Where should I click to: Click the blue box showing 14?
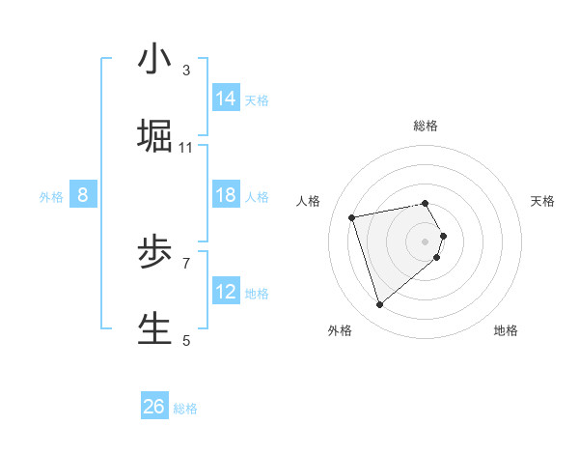226,99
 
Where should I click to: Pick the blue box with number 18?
226,195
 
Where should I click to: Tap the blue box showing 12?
226,292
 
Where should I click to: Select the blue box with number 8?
83,195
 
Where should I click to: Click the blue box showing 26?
154,407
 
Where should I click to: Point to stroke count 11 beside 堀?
186,148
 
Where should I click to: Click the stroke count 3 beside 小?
186,71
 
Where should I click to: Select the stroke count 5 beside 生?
186,340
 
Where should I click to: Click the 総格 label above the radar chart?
426,126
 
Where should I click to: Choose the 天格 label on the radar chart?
542,201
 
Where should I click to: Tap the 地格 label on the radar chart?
506,330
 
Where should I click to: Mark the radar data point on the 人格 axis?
352,216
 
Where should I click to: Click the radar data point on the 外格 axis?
379,305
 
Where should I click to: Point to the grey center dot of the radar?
426,241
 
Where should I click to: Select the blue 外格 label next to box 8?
51,197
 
